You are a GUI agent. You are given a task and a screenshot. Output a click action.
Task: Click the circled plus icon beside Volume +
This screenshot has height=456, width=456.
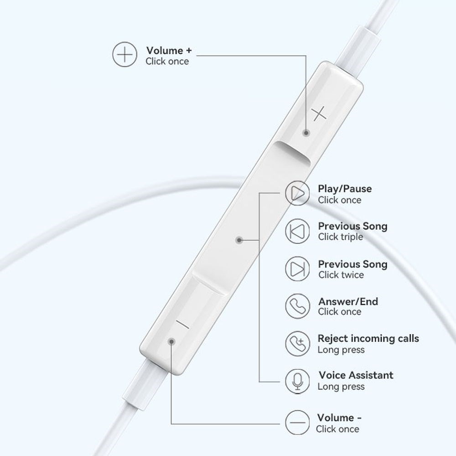[124, 54]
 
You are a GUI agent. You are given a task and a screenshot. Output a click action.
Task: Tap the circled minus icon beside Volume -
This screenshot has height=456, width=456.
[297, 423]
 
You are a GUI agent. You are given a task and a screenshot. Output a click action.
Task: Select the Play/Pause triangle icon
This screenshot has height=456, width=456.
[297, 193]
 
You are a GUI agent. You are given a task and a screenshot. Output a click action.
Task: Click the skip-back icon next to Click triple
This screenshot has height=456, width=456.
[297, 231]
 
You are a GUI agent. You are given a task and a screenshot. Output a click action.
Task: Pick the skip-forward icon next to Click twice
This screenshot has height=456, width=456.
[297, 269]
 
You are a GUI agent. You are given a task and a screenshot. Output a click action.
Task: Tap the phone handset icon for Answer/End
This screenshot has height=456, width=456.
[297, 306]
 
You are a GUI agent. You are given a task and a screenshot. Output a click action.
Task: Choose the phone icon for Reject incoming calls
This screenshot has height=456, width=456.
[297, 343]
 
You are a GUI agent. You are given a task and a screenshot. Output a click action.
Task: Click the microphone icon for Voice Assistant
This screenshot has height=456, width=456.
[297, 381]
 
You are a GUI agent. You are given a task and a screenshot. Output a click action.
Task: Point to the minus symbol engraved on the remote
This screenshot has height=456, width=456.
[183, 324]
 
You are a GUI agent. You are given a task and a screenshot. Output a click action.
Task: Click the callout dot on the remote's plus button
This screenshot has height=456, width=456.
[306, 133]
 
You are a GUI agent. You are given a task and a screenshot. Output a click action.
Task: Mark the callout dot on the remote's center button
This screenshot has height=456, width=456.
[239, 240]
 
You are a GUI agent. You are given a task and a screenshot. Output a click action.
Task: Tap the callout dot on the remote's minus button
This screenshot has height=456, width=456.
[171, 342]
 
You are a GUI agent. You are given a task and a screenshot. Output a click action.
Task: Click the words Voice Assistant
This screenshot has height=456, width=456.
[356, 375]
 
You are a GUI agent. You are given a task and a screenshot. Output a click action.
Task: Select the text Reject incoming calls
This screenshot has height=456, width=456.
[368, 338]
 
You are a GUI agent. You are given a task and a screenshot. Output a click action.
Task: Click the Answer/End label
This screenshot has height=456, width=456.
[348, 301]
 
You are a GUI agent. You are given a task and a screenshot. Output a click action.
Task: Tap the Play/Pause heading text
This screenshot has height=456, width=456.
[345, 189]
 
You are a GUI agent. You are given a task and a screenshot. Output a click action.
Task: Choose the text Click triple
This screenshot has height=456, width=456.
[341, 237]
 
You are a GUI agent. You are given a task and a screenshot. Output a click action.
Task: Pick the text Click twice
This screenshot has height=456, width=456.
[341, 275]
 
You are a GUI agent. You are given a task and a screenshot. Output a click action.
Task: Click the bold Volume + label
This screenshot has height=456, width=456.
[169, 51]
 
